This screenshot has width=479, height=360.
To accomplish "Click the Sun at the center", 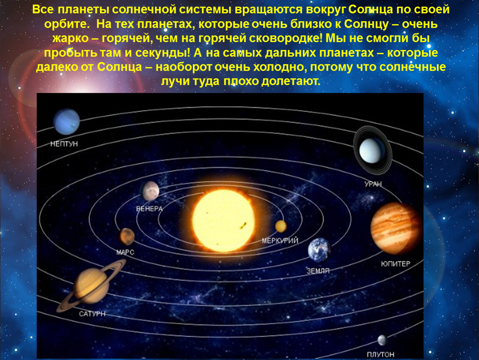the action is pos(223,220).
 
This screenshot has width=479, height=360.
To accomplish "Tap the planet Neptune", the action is pos(67,122).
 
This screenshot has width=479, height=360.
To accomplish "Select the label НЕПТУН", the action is pos(64,144).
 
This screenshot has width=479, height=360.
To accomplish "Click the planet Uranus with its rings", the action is pos(372,150).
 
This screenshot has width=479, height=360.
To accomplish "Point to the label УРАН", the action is pos(373,184).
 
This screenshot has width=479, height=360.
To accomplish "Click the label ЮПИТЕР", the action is pos(396,264).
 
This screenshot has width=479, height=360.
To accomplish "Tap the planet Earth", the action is pos(319,250).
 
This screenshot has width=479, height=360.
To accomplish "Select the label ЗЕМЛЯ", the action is pos(318,271).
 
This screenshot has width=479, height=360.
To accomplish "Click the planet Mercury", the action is pos(281,226).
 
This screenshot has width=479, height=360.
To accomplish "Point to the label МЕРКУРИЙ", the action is pos(280,241).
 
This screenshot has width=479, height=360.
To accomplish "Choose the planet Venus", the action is pos(151,191).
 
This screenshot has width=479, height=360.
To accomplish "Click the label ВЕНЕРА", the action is pos(150,209).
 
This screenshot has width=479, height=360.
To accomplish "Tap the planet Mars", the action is pos(127,237).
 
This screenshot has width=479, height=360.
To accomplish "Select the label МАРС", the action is pos(125,252).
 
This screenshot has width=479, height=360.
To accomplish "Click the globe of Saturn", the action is pos(92,286).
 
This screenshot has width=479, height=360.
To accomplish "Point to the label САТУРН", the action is pos(92,314).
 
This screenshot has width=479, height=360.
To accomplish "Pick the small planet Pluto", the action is pos(382,340).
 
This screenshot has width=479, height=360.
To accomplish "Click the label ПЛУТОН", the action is pos(380,355).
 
